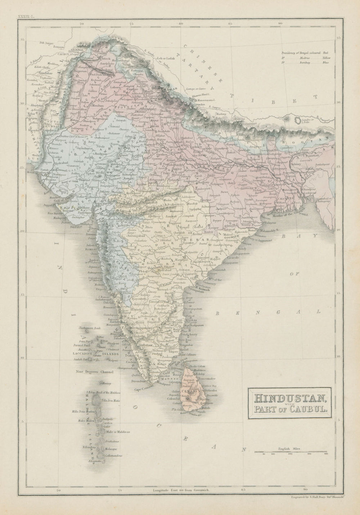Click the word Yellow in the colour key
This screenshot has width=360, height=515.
point(329,57)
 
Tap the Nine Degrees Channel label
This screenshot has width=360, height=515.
point(95,371)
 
